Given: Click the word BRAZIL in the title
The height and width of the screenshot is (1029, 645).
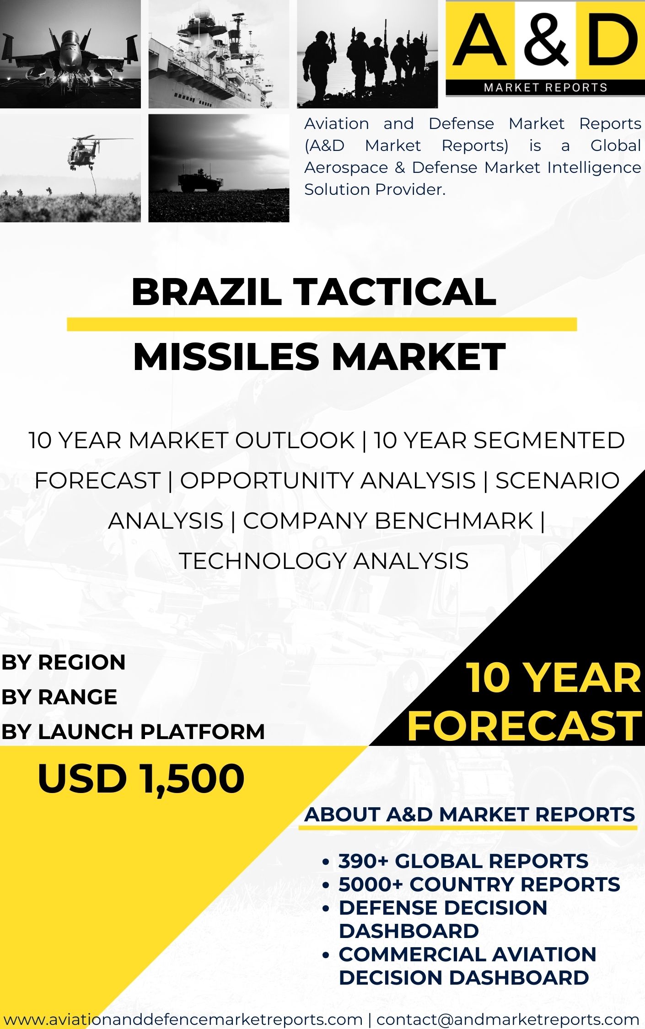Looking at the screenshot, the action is point(206,292).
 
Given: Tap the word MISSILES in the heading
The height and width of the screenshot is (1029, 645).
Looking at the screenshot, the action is point(226,357).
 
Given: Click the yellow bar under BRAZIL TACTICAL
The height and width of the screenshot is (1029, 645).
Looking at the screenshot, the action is point(322,324).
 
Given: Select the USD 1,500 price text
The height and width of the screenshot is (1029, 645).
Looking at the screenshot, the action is point(141,778).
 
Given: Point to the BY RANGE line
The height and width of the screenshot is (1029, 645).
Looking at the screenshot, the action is point(59,697).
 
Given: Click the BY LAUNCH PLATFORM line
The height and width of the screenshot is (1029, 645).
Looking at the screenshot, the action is point(133,732).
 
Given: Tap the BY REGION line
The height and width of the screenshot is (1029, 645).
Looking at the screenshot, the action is point(63,662).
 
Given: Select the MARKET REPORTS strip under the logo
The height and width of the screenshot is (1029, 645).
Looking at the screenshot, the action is point(545,87).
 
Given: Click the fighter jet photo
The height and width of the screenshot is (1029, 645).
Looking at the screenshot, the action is point(70,54).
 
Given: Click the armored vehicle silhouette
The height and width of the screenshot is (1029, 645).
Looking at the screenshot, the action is point(200,181).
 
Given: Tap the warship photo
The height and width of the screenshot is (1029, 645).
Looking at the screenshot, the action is point(219,54).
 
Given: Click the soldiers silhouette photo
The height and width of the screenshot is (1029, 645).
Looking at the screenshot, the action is point(367,54).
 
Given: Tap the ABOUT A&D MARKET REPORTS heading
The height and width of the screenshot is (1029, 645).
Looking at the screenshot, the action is point(470,815).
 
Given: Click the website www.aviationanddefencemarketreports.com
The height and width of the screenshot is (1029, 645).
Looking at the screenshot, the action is point(183,1019).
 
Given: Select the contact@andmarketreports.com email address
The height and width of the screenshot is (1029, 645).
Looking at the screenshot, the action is point(508,1019).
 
